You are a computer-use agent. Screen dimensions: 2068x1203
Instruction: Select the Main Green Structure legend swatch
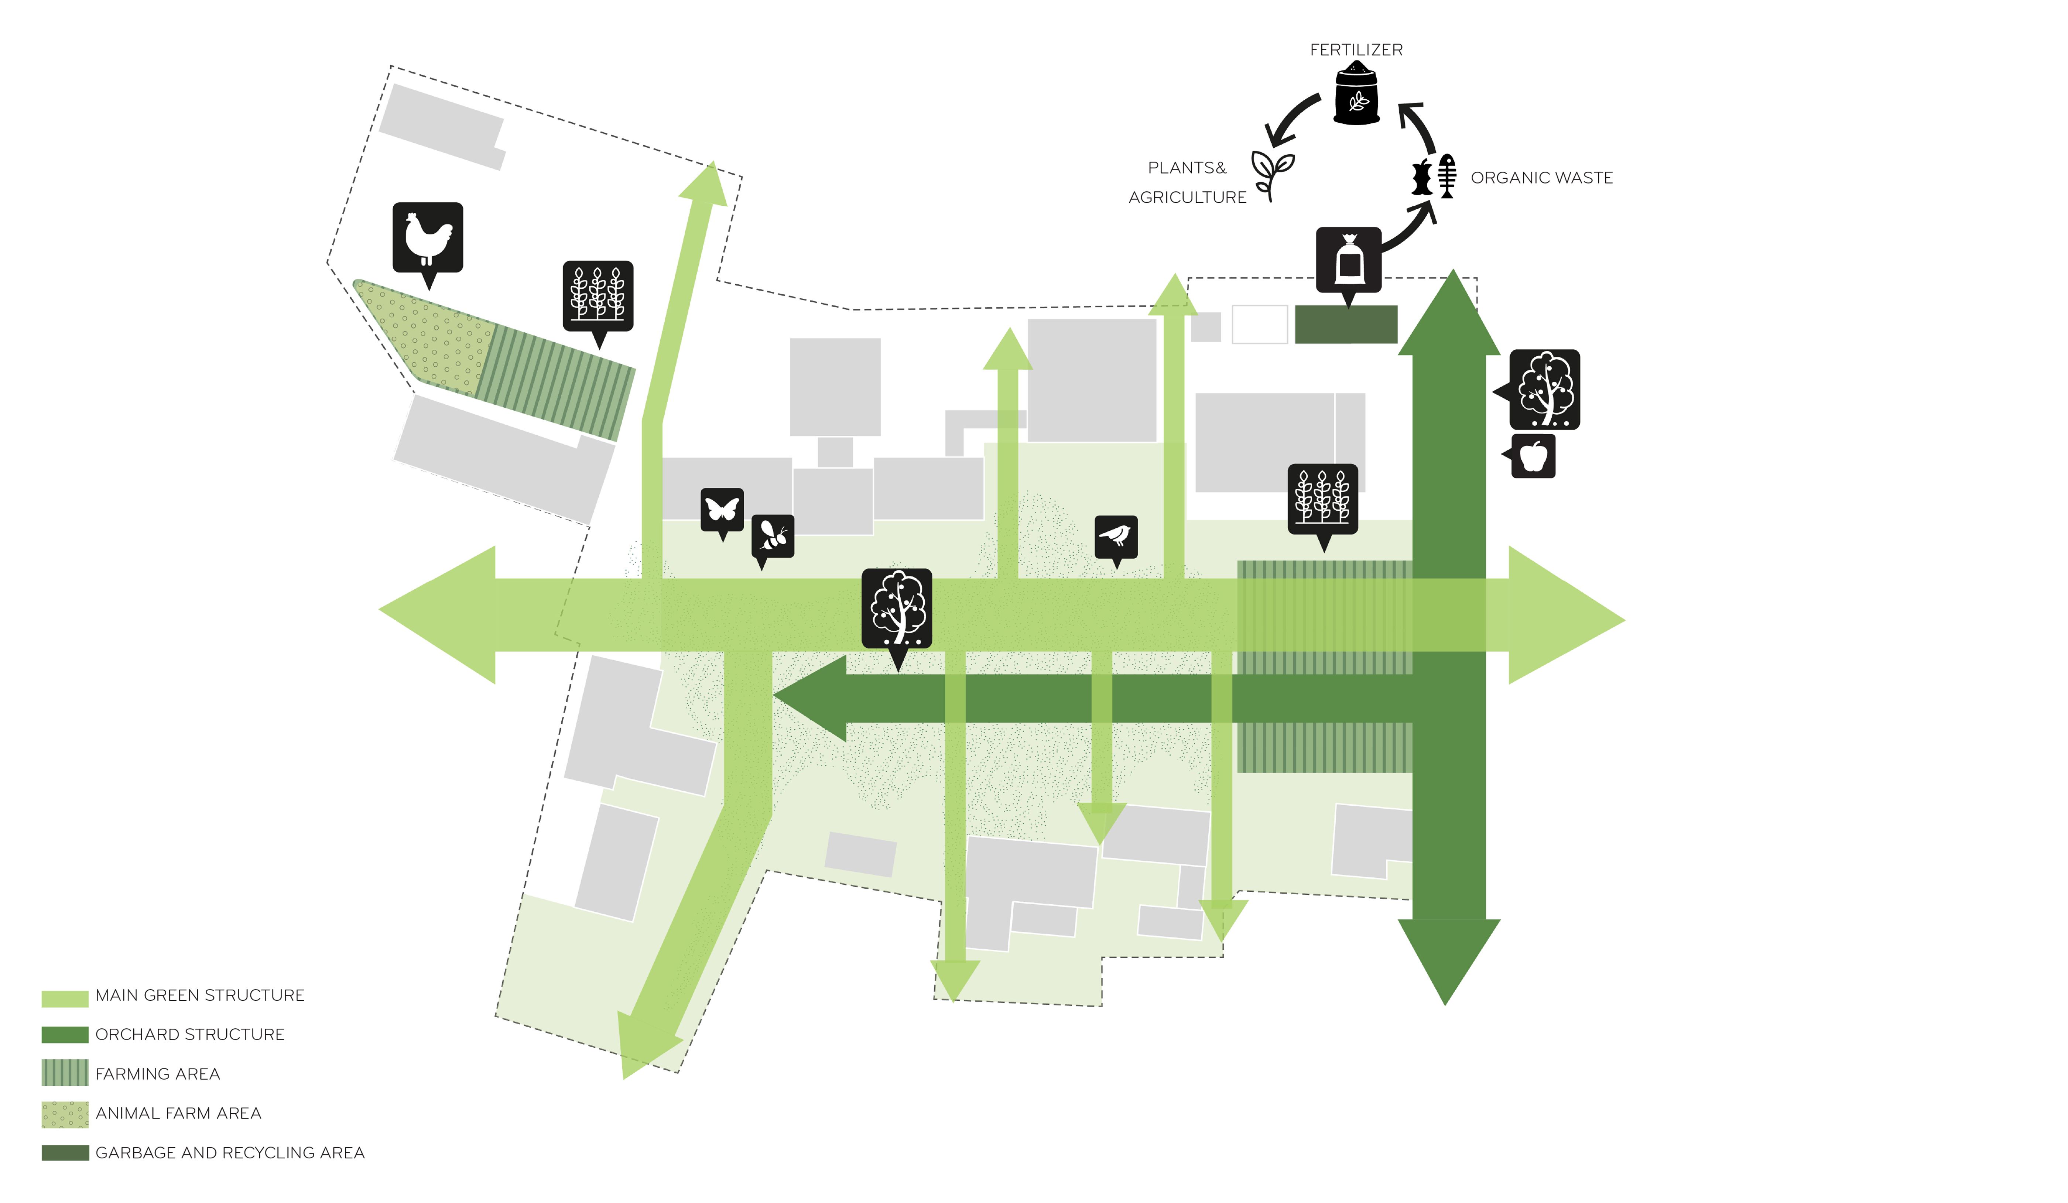tap(65, 999)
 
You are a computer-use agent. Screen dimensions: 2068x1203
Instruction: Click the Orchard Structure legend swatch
tap(65, 1035)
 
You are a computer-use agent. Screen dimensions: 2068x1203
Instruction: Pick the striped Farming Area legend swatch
tap(65, 1073)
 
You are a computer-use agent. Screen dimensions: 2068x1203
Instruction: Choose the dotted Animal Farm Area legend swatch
tap(65, 1114)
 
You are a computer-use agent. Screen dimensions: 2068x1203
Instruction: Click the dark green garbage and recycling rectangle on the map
tap(1346, 324)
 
